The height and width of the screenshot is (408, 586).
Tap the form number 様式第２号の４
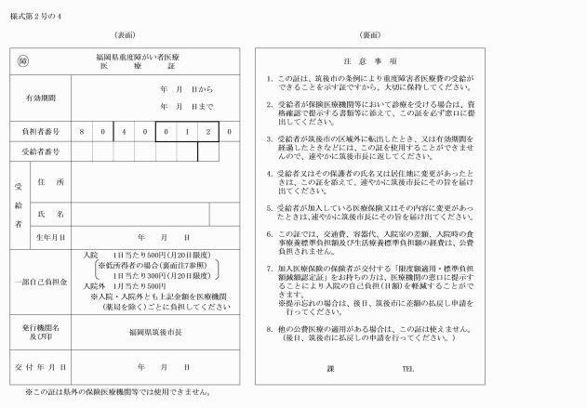click(x=37, y=15)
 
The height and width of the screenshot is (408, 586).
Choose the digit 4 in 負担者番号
click(x=123, y=132)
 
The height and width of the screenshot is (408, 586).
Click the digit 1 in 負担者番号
click(x=186, y=132)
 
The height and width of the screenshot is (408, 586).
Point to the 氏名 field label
click(x=53, y=214)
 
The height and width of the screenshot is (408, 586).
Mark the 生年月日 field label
click(x=51, y=237)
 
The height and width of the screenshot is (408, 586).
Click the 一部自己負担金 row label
click(x=40, y=280)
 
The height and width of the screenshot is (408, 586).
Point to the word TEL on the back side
click(x=406, y=368)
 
